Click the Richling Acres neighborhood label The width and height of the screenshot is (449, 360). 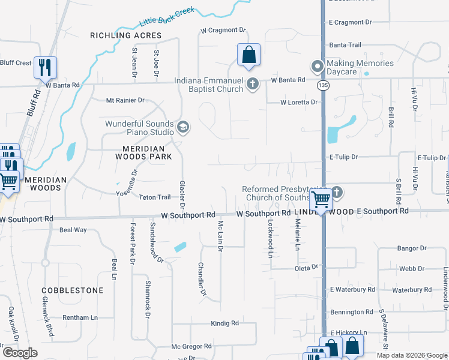click(126, 36)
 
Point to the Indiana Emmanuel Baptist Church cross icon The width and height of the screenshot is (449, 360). click(253, 84)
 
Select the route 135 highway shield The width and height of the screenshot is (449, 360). click(323, 86)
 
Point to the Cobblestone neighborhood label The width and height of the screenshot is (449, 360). click(73, 290)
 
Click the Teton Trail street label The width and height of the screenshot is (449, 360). click(155, 197)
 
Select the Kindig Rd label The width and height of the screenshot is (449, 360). click(224, 323)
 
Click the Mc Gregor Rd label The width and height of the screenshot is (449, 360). click(191, 346)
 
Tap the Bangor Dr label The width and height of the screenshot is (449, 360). click(412, 248)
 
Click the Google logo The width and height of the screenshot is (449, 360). click(19, 353)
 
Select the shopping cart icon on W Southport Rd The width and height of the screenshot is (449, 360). click(321, 199)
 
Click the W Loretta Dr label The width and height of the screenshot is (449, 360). click(298, 103)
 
